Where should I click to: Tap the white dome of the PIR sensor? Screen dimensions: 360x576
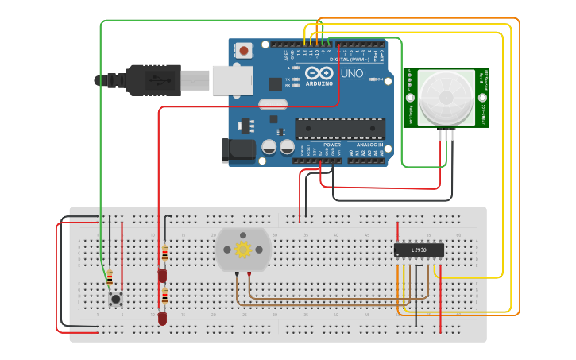coord(446,96)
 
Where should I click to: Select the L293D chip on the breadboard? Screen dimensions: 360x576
coord(419,250)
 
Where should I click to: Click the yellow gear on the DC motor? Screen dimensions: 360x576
coord(243,250)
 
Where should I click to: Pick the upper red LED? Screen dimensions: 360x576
coord(162,276)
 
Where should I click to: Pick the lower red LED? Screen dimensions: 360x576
coord(162,318)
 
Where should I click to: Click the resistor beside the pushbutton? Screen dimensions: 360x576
coord(110,278)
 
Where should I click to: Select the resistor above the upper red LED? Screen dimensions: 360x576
coord(164,254)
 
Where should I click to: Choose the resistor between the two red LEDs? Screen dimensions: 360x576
coord(164,297)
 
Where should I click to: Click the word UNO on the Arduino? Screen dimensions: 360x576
coord(352,74)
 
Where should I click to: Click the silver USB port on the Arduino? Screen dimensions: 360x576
coord(232,80)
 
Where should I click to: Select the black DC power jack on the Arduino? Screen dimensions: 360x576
coord(238,149)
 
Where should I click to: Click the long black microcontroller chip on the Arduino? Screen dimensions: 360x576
coord(340,129)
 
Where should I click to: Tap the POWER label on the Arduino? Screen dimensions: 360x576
coord(332,145)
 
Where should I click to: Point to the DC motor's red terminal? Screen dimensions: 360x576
coord(249,275)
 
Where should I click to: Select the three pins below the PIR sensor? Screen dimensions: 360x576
coord(446,134)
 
